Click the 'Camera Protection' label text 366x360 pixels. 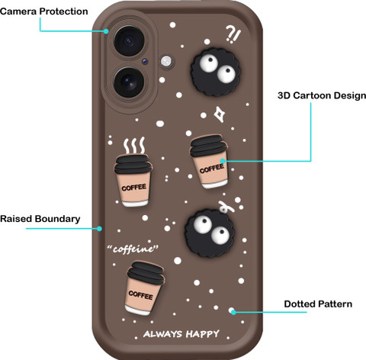click(x=44, y=11)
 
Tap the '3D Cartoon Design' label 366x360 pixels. click(x=322, y=95)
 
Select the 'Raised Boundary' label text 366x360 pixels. click(x=40, y=219)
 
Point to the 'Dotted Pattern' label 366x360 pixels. click(x=318, y=304)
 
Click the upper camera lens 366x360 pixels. click(x=129, y=40)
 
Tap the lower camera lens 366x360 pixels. click(x=129, y=82)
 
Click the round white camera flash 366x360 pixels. click(x=166, y=61)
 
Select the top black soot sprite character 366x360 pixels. click(x=216, y=72)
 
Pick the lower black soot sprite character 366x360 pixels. click(x=210, y=233)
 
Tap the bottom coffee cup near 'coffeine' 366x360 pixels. click(x=144, y=288)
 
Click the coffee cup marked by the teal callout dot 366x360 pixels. click(x=209, y=162)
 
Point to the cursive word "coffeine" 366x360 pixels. click(x=133, y=249)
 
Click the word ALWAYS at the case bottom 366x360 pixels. click(x=162, y=334)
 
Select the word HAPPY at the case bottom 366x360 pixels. click(x=202, y=334)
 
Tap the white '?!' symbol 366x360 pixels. click(x=233, y=34)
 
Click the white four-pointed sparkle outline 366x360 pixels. click(x=220, y=114)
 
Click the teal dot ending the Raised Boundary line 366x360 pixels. click(x=99, y=229)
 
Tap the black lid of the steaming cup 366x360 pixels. click(x=133, y=164)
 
